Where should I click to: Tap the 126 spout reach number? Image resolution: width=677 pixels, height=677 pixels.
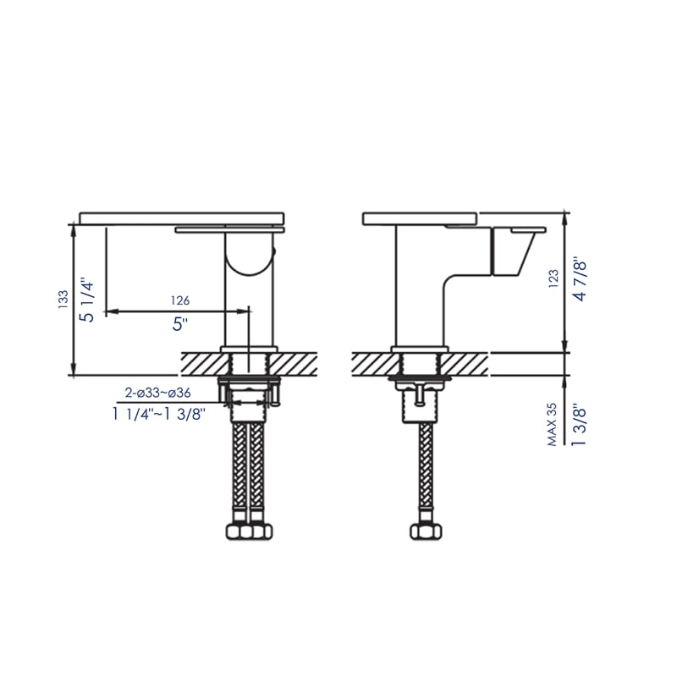pos(179,300)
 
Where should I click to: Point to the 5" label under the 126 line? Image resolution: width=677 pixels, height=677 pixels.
pos(179,323)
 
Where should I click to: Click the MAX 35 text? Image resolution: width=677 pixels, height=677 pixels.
pos(553,424)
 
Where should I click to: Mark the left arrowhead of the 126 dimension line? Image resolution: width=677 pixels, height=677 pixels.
pos(109,311)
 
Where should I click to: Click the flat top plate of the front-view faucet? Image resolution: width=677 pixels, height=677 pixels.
pos(182,218)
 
